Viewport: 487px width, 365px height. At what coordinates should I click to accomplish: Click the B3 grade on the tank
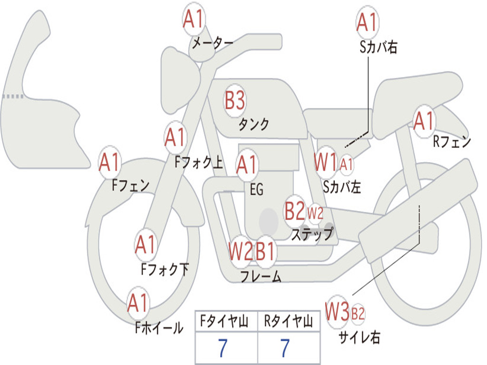click(234, 101)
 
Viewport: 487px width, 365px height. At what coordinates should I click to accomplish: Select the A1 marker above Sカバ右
click(366, 22)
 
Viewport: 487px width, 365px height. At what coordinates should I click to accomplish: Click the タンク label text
click(253, 125)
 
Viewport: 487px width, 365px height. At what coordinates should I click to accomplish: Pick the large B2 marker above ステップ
click(294, 211)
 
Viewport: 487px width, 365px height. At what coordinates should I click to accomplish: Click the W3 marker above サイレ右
click(337, 312)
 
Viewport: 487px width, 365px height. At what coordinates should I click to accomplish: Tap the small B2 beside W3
click(358, 313)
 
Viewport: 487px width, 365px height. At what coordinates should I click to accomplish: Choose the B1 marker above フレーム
click(266, 251)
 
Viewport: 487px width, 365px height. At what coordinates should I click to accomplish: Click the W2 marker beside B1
click(240, 251)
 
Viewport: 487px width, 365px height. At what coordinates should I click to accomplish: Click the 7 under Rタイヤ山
click(285, 348)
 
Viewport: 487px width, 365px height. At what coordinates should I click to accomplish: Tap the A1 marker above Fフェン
click(110, 163)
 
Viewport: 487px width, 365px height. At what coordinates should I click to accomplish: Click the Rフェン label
click(451, 141)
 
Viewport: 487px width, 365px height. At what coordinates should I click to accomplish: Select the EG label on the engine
click(256, 190)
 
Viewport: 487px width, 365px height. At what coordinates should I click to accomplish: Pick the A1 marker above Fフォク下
click(145, 245)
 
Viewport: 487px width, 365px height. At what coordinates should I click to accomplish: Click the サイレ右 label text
click(360, 337)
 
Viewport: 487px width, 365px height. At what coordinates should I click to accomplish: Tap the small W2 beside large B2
click(315, 212)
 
